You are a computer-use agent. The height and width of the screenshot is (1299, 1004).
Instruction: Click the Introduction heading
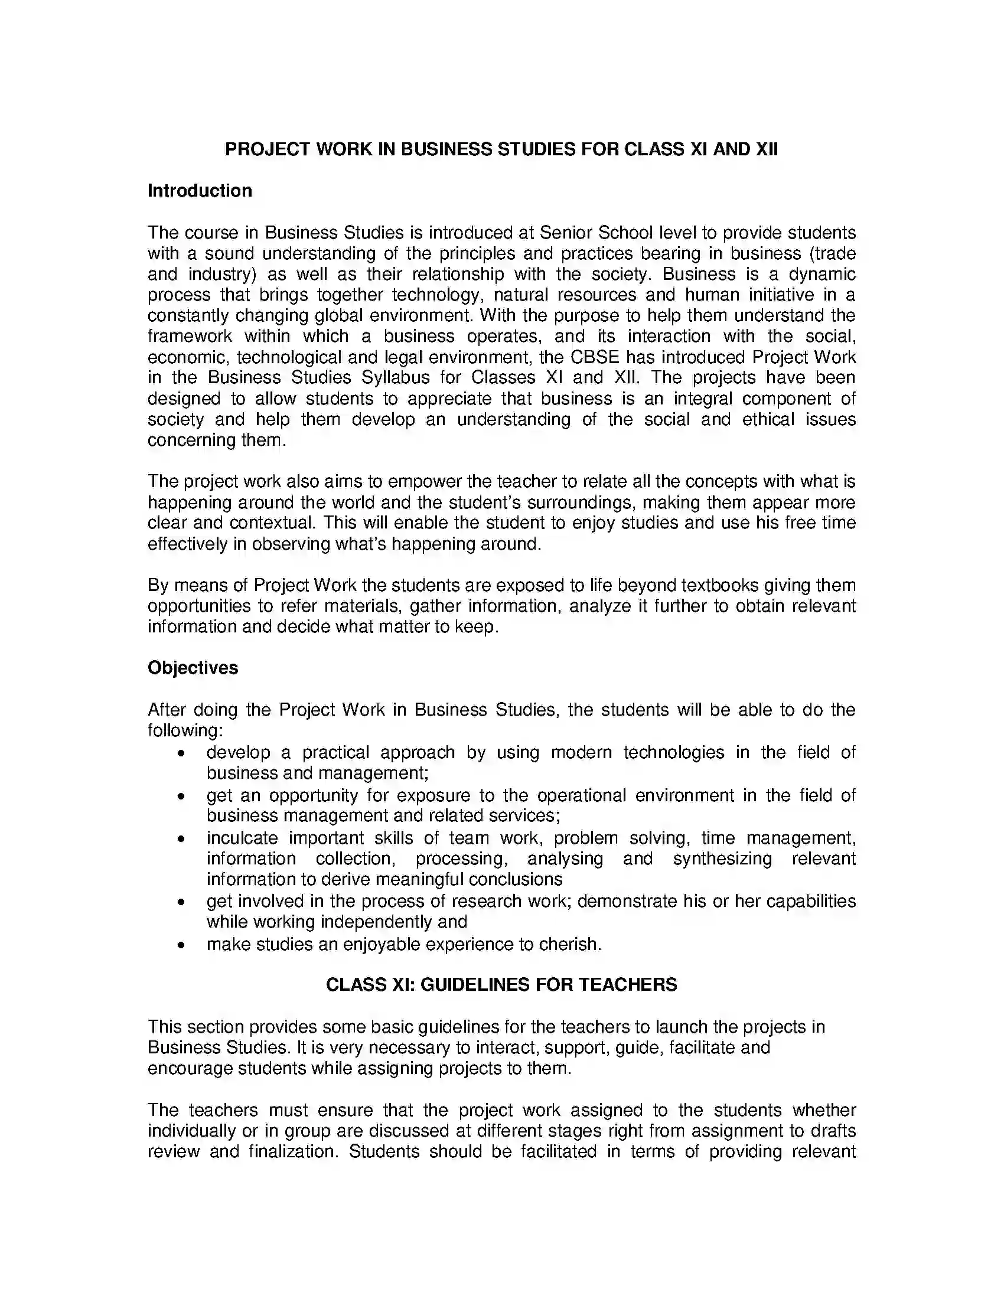point(199,190)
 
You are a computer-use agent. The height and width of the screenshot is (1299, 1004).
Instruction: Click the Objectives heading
point(193,667)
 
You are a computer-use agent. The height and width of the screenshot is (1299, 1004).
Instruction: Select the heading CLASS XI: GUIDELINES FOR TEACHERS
point(501,984)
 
